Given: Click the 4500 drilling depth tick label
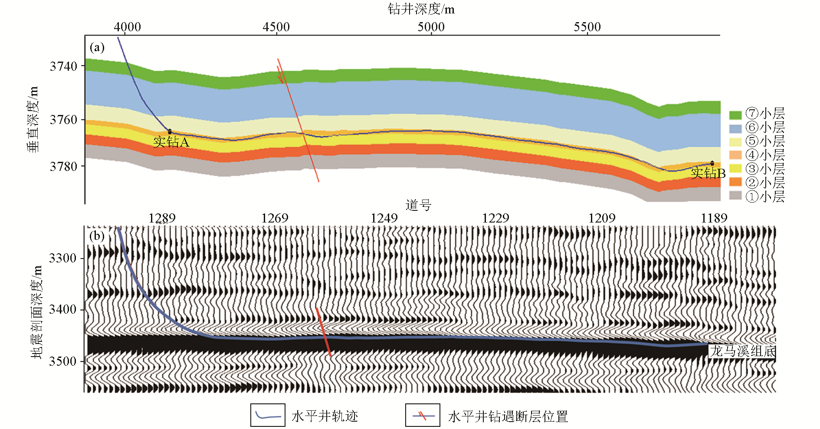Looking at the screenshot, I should point(276,27).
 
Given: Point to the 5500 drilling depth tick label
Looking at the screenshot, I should point(587,27).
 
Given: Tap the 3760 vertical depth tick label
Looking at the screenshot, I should point(63,120).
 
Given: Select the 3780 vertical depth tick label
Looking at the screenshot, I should point(63,167).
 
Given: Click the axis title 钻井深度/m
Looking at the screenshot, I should point(421,9).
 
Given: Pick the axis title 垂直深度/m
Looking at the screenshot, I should point(33,119).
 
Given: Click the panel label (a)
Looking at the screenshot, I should point(97,47).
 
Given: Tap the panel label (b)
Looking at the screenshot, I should point(97,236).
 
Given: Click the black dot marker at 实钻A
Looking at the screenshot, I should point(170,131).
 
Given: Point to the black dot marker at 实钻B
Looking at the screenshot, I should point(712,164).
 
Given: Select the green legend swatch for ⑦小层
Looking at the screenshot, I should point(735,115).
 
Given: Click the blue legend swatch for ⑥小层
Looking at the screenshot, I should point(735,128).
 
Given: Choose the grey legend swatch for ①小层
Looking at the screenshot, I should point(735,196).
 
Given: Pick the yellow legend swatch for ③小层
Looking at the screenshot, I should point(735,168).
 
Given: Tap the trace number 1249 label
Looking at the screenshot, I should point(384,218).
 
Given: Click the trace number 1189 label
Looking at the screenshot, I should point(714,218).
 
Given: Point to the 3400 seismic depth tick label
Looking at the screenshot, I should point(63,310).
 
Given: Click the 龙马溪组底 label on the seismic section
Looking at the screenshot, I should point(742,351).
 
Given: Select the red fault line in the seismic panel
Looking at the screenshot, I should point(324,332).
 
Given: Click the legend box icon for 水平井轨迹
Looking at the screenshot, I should point(268,416).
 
